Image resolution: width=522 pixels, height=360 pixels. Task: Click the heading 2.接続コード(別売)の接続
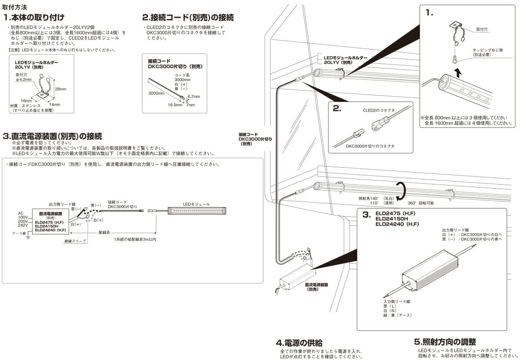click(188, 18)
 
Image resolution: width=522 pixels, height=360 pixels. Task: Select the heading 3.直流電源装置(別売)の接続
click(52, 136)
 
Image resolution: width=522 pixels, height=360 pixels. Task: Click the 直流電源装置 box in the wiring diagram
click(51, 223)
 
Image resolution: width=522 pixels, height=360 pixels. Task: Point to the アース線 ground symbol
click(28, 237)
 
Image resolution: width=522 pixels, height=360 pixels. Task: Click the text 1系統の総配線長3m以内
click(135, 240)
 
